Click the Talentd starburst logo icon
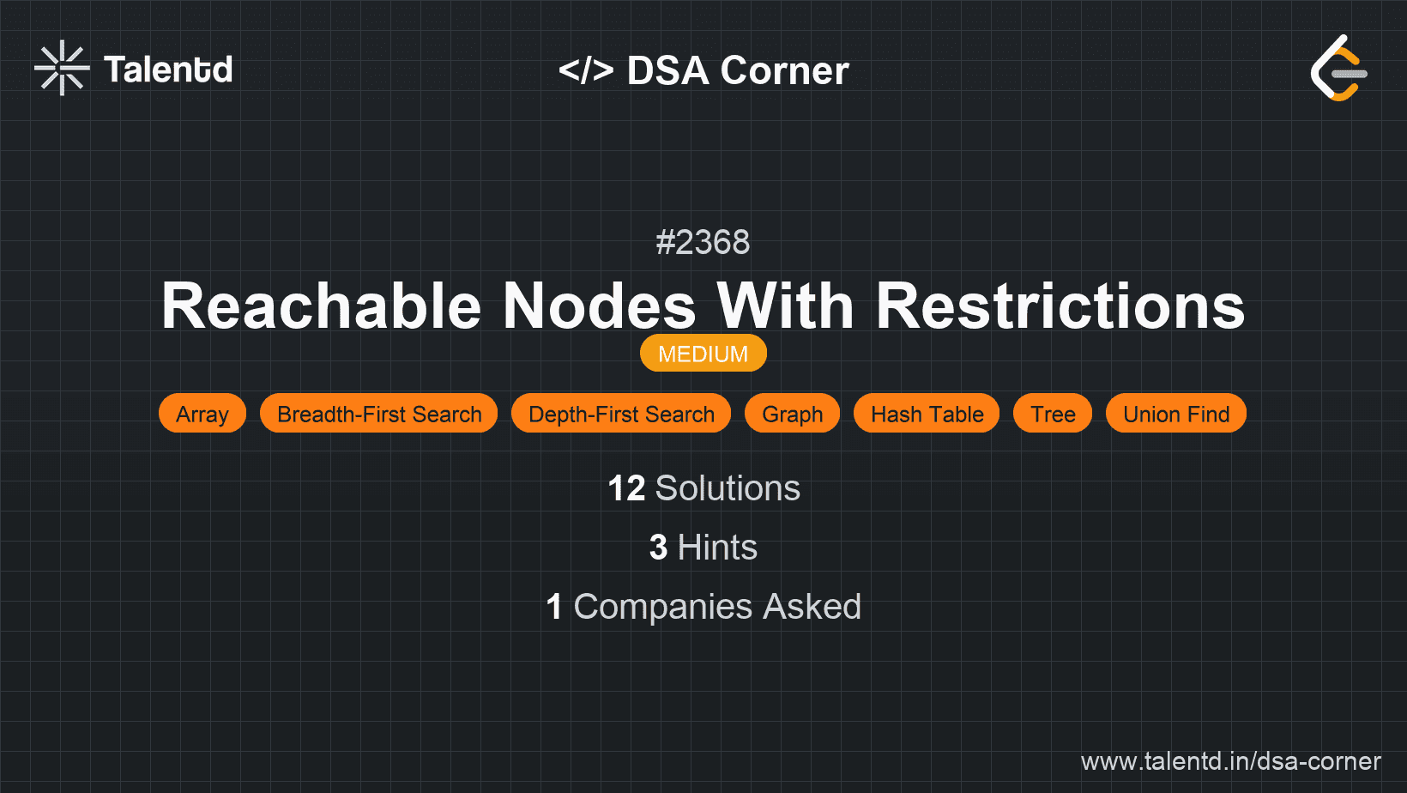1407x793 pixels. (x=62, y=68)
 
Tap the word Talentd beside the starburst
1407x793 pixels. (x=168, y=70)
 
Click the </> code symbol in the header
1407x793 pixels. (x=585, y=70)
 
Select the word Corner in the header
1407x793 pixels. (x=784, y=70)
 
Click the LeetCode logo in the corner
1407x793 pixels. (x=1338, y=68)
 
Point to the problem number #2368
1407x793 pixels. (x=703, y=242)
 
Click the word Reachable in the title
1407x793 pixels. (x=321, y=306)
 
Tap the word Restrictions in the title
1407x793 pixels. (x=1060, y=306)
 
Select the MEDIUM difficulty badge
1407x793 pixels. (x=703, y=354)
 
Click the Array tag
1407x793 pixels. (x=202, y=414)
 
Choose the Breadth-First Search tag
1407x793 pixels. (x=378, y=414)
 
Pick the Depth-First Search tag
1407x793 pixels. (x=621, y=414)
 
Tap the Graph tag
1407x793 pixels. (x=792, y=414)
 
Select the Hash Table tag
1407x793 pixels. (x=927, y=414)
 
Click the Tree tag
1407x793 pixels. (x=1053, y=414)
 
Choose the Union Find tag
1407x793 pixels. (x=1176, y=414)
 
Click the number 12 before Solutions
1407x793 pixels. (x=626, y=488)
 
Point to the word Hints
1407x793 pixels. (x=717, y=548)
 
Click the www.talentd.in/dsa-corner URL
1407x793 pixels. (x=1230, y=761)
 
